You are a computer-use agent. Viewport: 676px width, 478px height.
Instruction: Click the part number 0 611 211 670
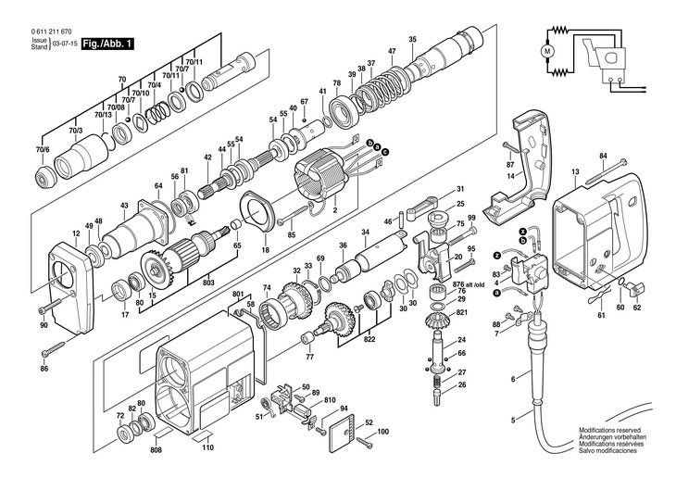[x=37, y=32]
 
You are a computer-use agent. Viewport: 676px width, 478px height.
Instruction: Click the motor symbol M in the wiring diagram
[x=547, y=49]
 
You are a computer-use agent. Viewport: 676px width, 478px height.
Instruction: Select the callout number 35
[x=412, y=38]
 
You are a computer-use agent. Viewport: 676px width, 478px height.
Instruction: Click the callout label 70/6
[x=43, y=149]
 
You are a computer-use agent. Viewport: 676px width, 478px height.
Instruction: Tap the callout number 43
[x=124, y=205]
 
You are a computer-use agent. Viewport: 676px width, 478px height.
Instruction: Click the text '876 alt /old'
[x=468, y=281]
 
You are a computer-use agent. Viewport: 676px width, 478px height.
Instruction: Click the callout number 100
[x=382, y=432]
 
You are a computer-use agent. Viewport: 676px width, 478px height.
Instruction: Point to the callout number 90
[x=44, y=326]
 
